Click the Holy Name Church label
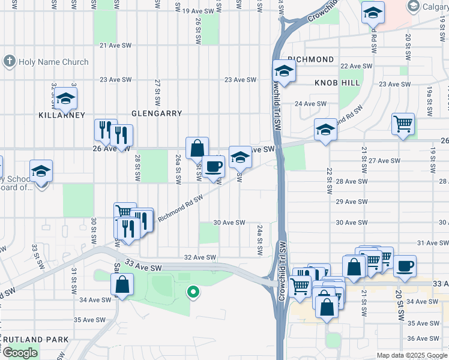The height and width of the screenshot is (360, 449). coord(46,62)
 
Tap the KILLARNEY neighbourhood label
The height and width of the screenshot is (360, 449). coord(62,115)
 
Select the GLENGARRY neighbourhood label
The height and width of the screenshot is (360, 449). coord(157,113)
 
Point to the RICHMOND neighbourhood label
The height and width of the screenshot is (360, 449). coord(310,59)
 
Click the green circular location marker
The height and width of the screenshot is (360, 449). coord(193,292)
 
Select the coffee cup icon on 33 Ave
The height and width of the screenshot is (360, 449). coord(405,266)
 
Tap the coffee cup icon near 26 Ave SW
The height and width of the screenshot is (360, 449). coord(213,166)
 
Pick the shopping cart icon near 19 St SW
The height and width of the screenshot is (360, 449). coord(403,124)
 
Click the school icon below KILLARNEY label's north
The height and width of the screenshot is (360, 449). coord(65,98)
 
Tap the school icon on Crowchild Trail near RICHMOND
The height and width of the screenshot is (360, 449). coord(284,71)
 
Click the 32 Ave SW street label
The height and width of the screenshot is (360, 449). coord(199,257)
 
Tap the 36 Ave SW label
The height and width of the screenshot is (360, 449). coord(424,338)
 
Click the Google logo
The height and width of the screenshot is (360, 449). coord(20,353)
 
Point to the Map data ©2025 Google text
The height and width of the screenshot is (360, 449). coord(411,355)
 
